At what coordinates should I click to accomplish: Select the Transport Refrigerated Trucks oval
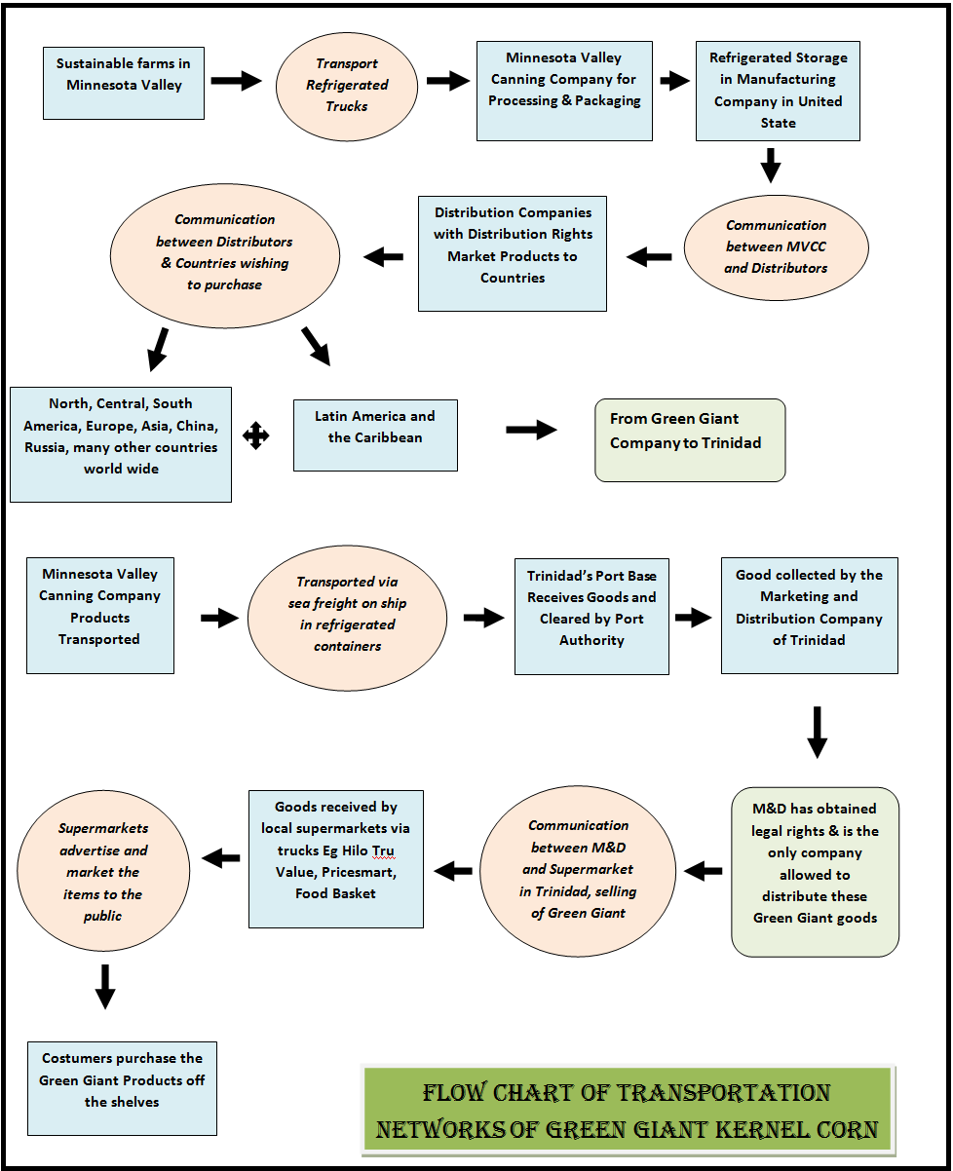(x=346, y=85)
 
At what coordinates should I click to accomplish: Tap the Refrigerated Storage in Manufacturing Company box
(x=778, y=91)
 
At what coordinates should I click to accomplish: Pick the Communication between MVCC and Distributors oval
(x=776, y=246)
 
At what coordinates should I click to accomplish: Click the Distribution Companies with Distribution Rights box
(x=513, y=253)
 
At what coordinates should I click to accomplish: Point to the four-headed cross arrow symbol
(x=256, y=435)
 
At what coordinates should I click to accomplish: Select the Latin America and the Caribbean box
(x=375, y=434)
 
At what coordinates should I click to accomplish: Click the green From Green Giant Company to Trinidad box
(x=690, y=439)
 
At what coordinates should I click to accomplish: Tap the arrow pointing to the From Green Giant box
(x=531, y=431)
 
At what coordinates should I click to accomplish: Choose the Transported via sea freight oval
(x=347, y=615)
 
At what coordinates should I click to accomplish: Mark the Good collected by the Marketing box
(x=809, y=616)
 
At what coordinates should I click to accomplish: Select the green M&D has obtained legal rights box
(x=815, y=872)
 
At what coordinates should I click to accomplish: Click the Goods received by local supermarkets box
(x=335, y=858)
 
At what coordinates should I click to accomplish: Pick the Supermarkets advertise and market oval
(x=103, y=872)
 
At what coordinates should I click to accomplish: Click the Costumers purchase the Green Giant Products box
(x=122, y=1088)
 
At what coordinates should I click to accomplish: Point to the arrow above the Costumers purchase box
(x=105, y=986)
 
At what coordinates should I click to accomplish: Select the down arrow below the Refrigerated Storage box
(x=771, y=165)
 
